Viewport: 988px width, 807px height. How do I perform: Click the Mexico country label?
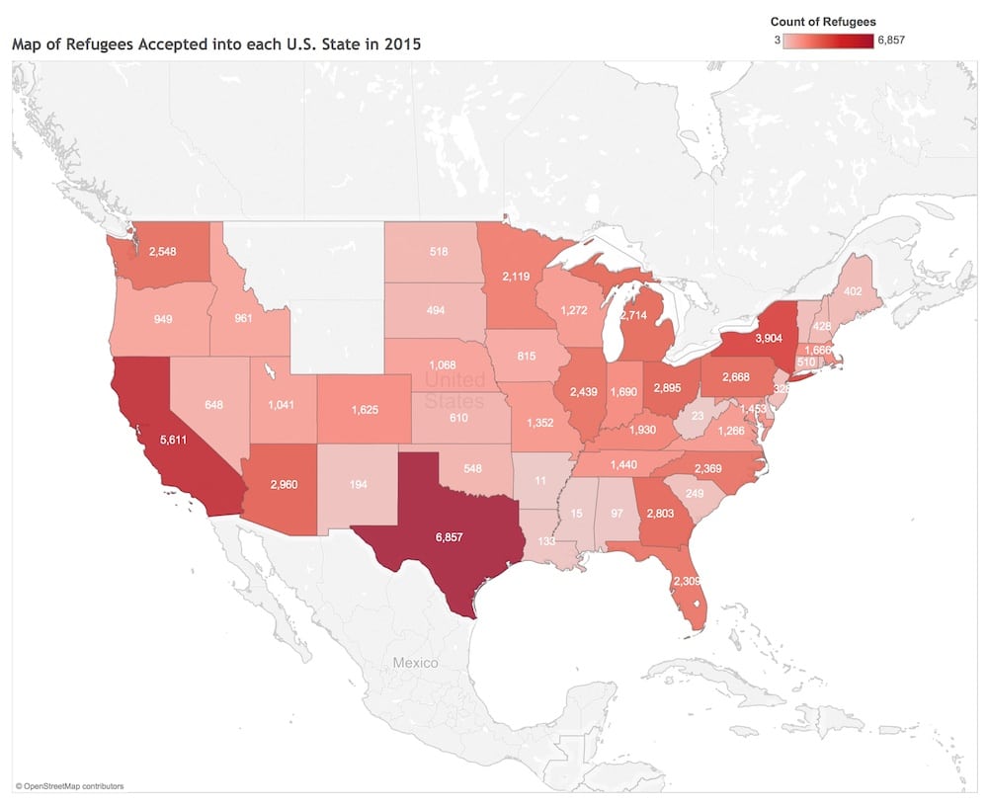(414, 663)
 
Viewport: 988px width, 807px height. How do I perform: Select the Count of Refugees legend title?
(823, 22)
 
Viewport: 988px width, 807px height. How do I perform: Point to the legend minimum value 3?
(778, 40)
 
